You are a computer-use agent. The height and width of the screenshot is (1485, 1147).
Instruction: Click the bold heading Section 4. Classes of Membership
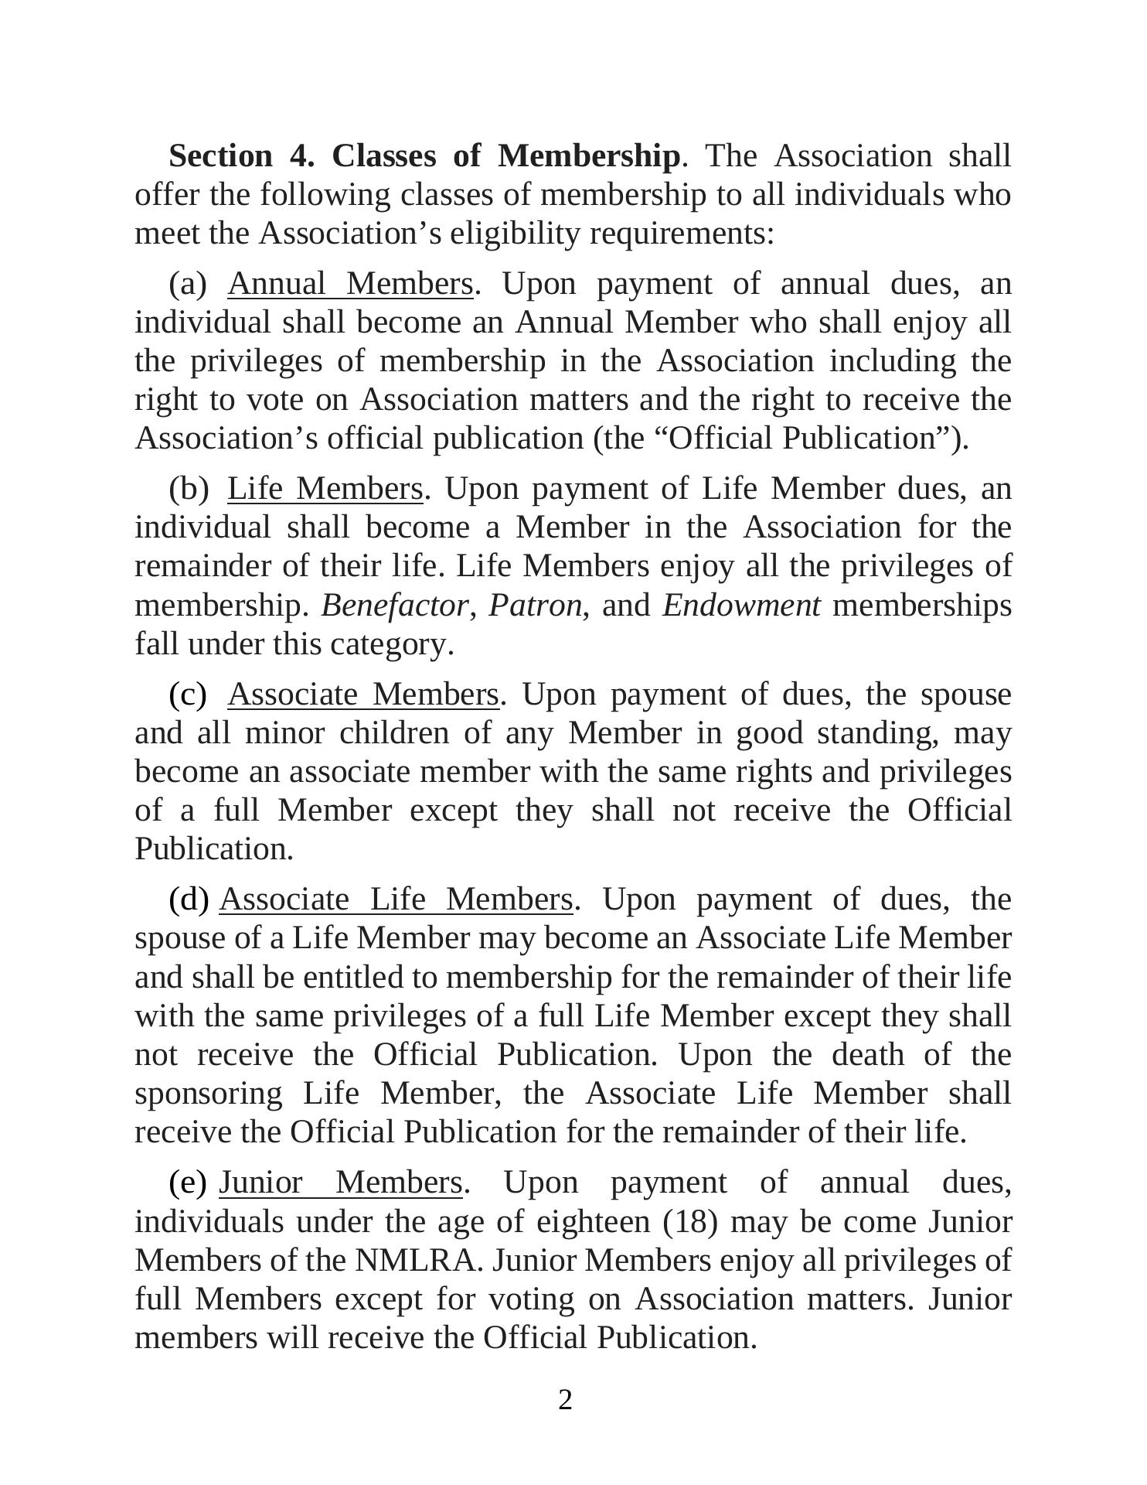pyautogui.click(x=424, y=156)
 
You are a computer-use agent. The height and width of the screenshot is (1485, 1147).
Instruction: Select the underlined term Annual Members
pyautogui.click(x=349, y=284)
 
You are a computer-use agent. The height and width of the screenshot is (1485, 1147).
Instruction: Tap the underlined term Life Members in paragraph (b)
pyautogui.click(x=325, y=489)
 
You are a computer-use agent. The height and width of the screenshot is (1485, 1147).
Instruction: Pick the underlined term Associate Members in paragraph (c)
pyautogui.click(x=362, y=695)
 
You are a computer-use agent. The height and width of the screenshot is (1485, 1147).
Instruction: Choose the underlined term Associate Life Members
pyautogui.click(x=396, y=900)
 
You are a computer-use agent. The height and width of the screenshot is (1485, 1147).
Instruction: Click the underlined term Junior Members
pyautogui.click(x=340, y=1183)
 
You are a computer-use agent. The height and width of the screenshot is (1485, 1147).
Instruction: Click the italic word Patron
pyautogui.click(x=534, y=605)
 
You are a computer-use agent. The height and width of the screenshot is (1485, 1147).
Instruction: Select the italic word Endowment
pyautogui.click(x=740, y=605)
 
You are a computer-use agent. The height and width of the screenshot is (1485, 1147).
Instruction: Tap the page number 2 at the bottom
pyautogui.click(x=565, y=1400)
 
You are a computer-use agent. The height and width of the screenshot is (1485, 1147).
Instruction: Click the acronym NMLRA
pyautogui.click(x=418, y=1260)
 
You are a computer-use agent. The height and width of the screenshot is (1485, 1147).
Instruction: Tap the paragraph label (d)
pyautogui.click(x=189, y=900)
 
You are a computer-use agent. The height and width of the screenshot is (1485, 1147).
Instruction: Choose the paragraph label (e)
pyautogui.click(x=188, y=1183)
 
